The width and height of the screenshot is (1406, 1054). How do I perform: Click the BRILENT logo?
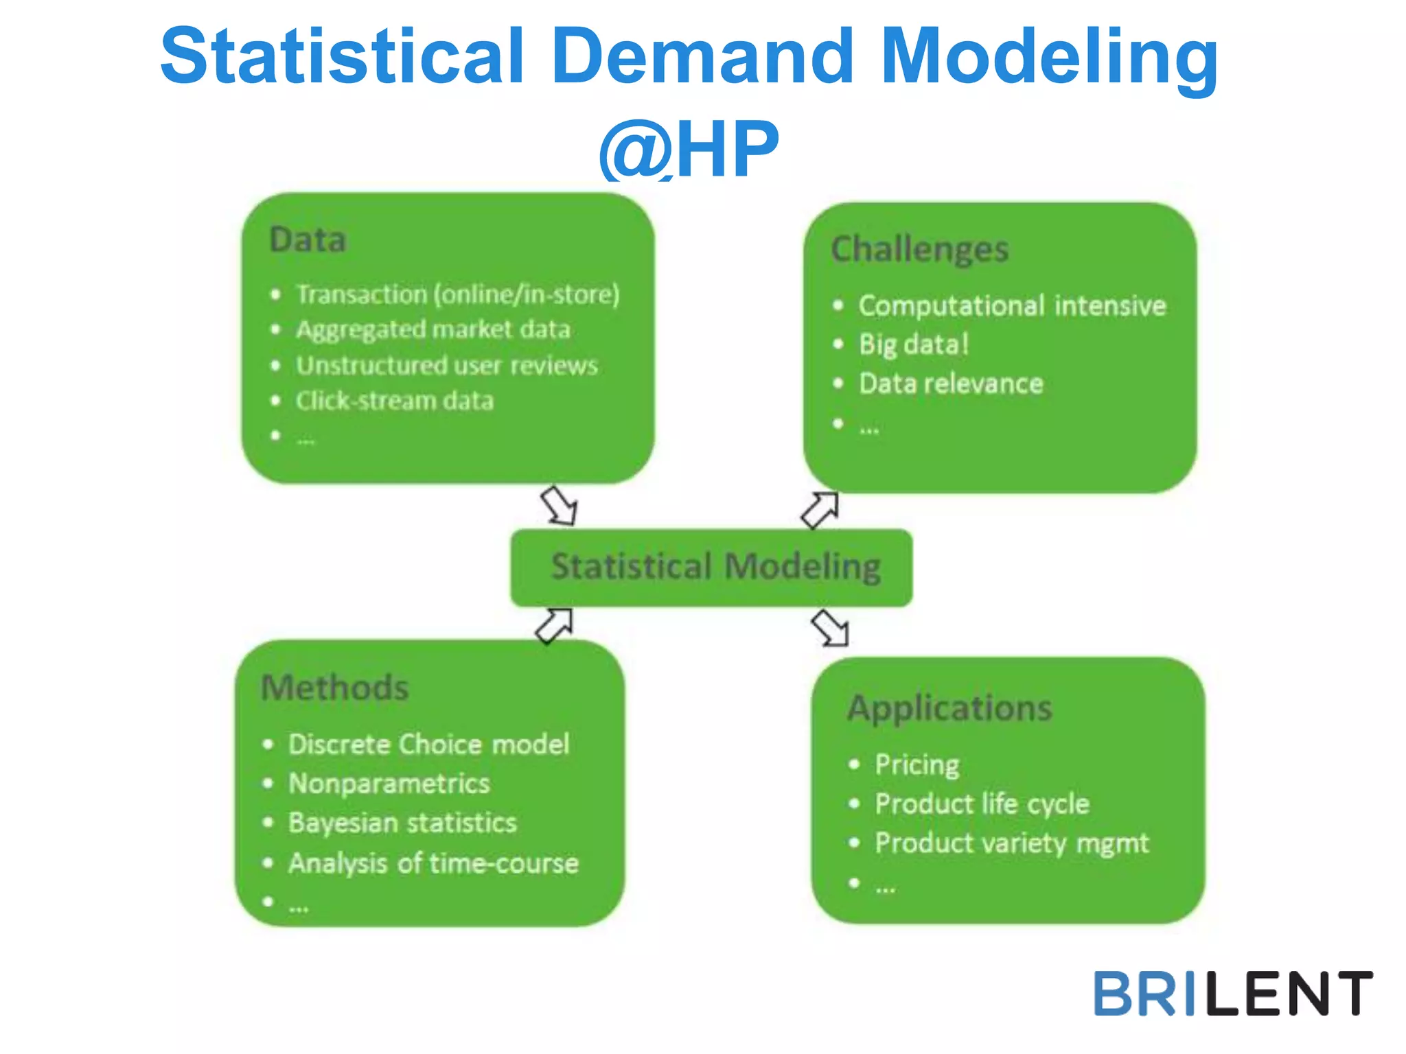1232,993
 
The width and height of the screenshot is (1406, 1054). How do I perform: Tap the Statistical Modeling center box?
712,567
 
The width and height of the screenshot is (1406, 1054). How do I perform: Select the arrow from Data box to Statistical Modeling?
559,506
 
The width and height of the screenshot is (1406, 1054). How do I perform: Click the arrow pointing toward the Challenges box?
820,510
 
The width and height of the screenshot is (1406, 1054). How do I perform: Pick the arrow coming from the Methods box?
554,625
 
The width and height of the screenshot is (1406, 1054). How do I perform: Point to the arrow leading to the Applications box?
830,629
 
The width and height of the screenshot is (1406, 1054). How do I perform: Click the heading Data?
308,240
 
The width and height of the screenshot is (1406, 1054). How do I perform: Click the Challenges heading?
919,249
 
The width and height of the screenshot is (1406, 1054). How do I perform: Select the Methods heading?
335,688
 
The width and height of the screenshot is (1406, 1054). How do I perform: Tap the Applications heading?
949,708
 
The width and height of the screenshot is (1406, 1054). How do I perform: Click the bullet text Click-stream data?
395,401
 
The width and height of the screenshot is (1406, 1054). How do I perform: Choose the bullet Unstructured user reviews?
447,365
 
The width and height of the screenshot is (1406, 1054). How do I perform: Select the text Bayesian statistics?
402,823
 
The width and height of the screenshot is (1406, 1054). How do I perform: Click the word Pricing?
917,764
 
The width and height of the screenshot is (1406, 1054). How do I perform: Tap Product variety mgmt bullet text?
1011,843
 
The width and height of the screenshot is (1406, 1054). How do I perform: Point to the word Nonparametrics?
389,784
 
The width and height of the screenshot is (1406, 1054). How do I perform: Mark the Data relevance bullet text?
951,384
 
